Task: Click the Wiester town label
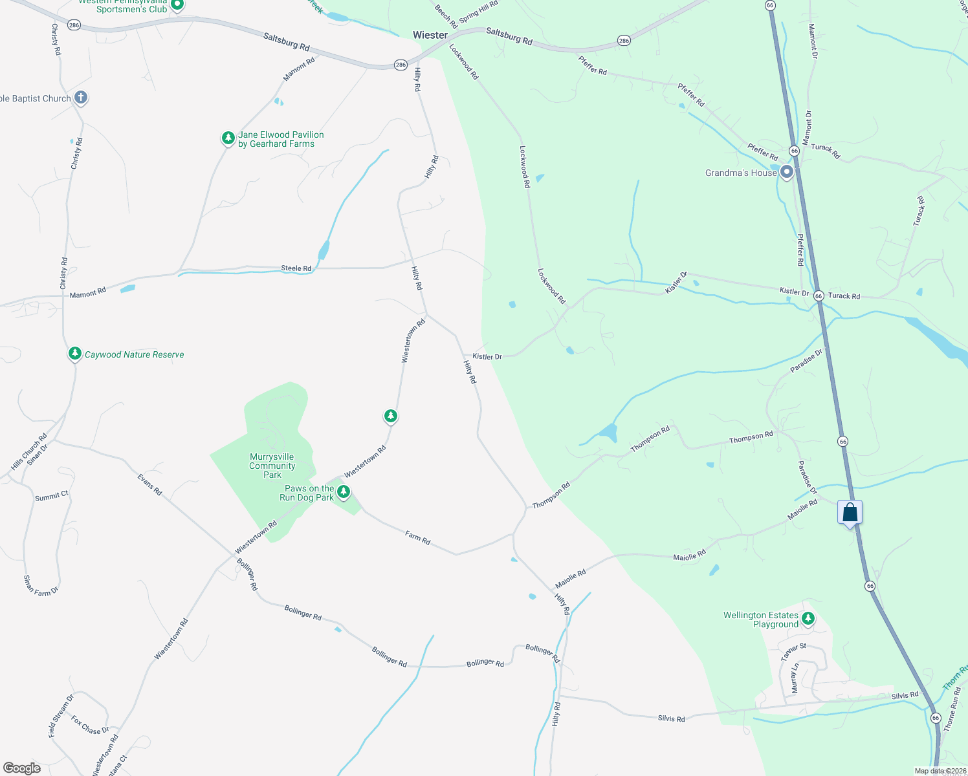point(430,35)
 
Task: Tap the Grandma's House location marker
point(786,172)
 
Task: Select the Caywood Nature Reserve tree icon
point(75,353)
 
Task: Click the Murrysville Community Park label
point(272,466)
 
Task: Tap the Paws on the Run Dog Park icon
point(344,492)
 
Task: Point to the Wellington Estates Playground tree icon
point(808,618)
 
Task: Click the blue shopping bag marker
point(850,513)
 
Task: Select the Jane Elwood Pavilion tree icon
point(228,138)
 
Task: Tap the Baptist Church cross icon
point(81,98)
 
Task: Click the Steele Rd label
point(296,268)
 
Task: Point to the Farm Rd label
point(417,537)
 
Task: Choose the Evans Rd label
point(149,485)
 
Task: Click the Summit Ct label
point(52,496)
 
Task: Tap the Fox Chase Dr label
point(90,725)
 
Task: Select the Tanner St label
point(793,651)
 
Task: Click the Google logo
point(21,768)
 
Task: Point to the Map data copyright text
point(940,771)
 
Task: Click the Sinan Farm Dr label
point(41,586)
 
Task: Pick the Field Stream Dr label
point(61,716)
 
